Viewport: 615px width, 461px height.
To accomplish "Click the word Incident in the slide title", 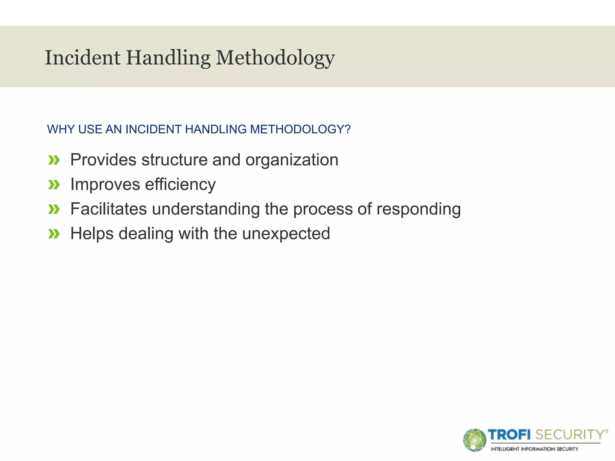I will tap(83, 58).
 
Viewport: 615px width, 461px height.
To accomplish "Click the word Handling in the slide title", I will tap(168, 58).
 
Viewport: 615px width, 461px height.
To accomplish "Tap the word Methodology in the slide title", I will tap(275, 58).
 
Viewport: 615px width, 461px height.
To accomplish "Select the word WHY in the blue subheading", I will tap(61, 129).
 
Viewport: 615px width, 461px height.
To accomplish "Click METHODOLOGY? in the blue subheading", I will tap(300, 129).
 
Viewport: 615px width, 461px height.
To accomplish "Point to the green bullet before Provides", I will tap(54, 160).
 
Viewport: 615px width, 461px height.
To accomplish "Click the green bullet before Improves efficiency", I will tap(54, 185).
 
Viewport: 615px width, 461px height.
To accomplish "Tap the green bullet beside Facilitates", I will tap(54, 209).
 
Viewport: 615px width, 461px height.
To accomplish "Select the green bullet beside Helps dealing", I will tap(54, 234).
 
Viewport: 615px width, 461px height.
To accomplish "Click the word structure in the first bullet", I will tap(174, 160).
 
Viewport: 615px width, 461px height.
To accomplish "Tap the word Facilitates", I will tap(108, 209).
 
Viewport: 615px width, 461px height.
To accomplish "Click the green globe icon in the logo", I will tap(474, 440).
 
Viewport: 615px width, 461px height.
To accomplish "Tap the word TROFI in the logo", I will tap(509, 435).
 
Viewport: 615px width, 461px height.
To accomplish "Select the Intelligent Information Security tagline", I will tap(534, 449).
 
